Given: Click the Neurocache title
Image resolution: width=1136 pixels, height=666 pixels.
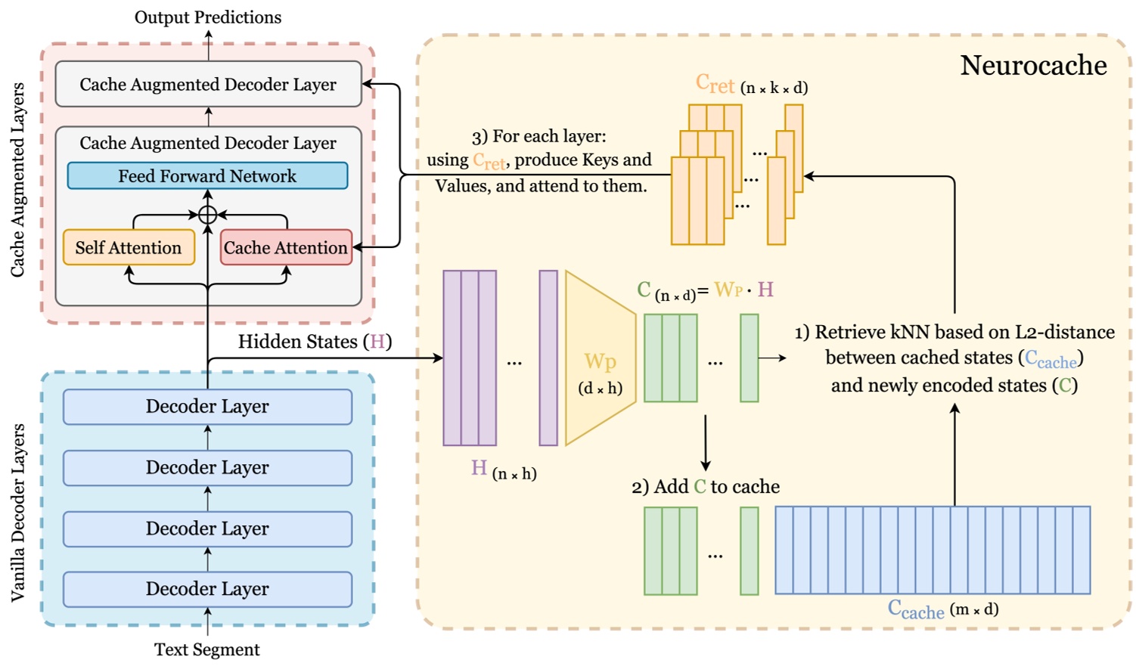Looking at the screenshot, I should (x=1032, y=66).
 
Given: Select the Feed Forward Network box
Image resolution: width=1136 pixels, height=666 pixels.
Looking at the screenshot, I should (x=207, y=176).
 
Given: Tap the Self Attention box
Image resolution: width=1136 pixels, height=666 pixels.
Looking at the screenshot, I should (x=129, y=248).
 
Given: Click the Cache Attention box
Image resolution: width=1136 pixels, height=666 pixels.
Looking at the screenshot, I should (x=286, y=248).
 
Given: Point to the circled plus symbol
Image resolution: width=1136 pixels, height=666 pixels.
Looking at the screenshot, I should (x=208, y=215).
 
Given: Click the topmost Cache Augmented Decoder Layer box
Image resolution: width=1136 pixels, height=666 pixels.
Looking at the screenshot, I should (x=208, y=84).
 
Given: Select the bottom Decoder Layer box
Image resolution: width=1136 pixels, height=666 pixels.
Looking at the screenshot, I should (x=207, y=589).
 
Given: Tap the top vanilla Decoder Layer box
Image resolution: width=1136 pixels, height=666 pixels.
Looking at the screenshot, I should (x=207, y=407).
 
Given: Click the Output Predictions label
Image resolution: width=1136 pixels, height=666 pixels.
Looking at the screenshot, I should (x=208, y=17).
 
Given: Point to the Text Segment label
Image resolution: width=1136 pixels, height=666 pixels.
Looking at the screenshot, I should (x=207, y=649).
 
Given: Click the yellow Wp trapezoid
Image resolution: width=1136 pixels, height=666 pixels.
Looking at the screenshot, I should (x=600, y=358).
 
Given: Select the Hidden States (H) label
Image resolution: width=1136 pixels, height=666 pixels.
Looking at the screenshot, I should (x=315, y=342).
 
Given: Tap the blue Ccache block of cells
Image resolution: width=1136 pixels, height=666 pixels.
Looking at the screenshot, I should (x=933, y=550).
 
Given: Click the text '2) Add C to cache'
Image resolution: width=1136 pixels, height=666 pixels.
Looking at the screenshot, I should (x=705, y=487).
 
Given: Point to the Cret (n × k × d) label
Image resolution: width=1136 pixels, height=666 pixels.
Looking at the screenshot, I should (x=751, y=85).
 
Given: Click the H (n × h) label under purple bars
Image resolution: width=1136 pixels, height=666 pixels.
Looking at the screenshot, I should (x=503, y=469).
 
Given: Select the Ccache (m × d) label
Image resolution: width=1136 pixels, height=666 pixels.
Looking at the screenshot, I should (x=942, y=609).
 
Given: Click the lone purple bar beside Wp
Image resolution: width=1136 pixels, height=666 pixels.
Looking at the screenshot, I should (x=548, y=358).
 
